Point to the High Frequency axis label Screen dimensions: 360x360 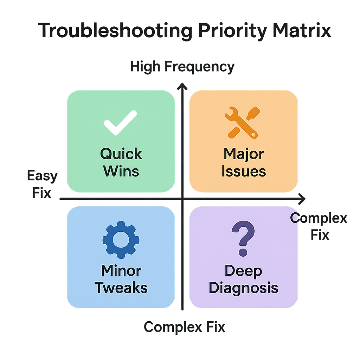[182, 67]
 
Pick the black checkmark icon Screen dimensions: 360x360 [120, 123]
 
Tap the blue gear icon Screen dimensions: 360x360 [121, 238]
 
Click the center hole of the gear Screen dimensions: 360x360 [121, 238]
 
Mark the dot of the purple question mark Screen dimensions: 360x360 [243, 252]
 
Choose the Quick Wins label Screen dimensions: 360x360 [121, 162]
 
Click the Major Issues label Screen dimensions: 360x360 [244, 162]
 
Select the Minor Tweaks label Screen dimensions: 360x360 [121, 279]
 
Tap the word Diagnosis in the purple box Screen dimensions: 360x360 [243, 288]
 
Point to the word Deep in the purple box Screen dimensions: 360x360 [243, 271]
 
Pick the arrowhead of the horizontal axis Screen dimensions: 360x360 [302, 199]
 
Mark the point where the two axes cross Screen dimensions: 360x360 [182, 199]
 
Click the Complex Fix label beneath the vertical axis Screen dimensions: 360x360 [184, 327]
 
